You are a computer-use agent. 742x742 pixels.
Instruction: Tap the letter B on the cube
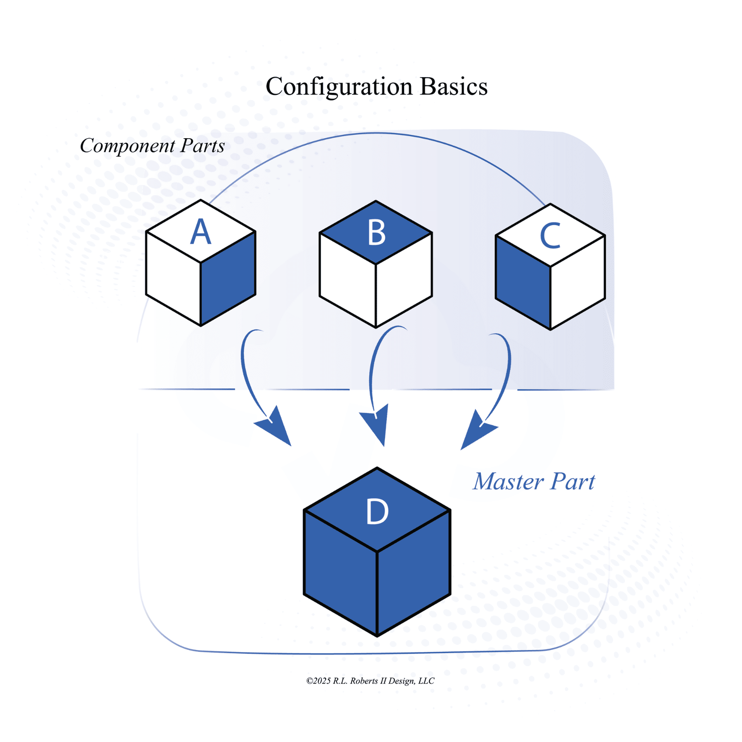[x=377, y=233]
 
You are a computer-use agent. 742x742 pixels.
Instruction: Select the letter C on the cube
[x=550, y=236]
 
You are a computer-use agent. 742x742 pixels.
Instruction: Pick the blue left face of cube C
[x=523, y=282]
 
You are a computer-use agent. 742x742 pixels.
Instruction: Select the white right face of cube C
[x=577, y=282]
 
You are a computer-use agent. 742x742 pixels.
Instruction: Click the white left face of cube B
[x=348, y=280]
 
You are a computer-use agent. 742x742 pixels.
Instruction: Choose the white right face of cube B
[x=404, y=280]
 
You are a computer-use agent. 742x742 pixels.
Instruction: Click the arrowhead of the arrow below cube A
[x=277, y=428]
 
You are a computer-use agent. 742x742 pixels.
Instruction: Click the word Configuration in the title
[x=339, y=87]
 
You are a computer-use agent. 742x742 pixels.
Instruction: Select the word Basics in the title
[x=453, y=86]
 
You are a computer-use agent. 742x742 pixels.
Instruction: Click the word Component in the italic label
[x=127, y=146]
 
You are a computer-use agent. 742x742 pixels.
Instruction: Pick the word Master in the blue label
[x=508, y=482]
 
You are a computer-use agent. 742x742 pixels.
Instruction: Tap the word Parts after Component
[x=202, y=146]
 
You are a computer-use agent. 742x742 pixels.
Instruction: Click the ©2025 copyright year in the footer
[x=318, y=681]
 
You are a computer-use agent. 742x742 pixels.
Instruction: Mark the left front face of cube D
[x=340, y=572]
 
